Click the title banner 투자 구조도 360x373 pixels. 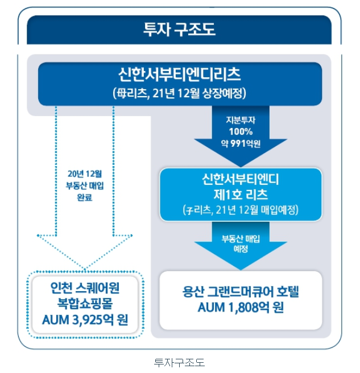(179, 30)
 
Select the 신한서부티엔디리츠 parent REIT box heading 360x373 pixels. (180, 74)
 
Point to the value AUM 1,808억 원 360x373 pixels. (241, 309)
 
